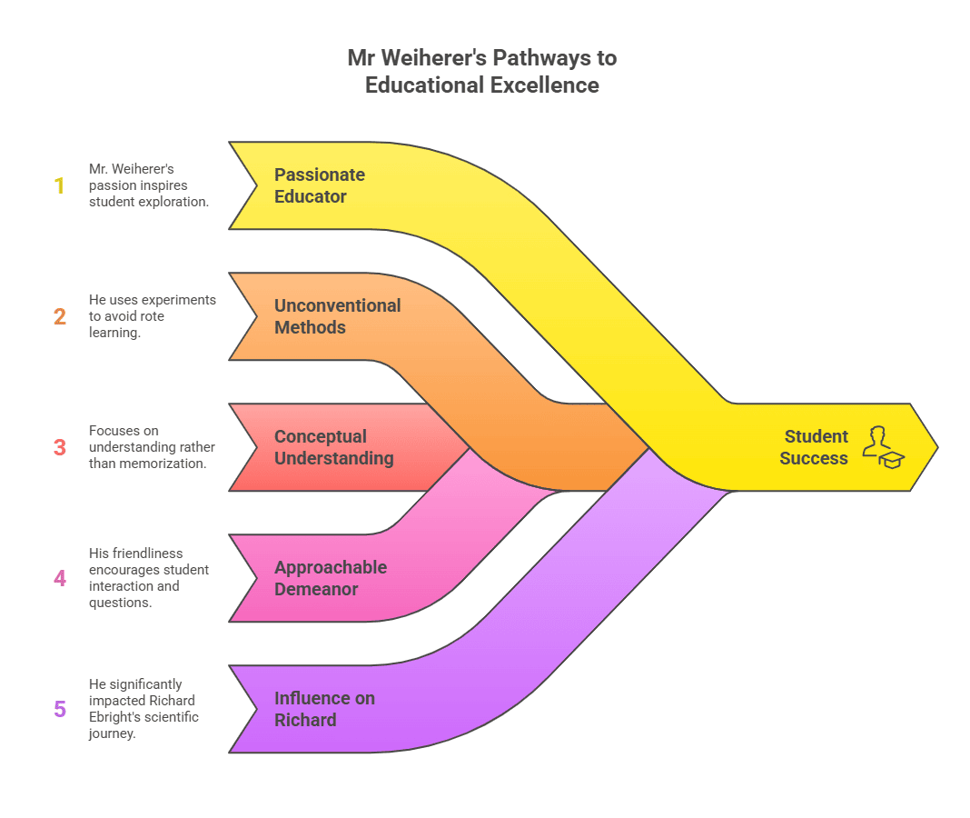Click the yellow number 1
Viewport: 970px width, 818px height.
coord(60,185)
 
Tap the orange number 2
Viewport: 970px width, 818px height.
coord(60,316)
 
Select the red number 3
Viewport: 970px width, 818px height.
coord(60,447)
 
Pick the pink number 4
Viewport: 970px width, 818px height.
coord(60,578)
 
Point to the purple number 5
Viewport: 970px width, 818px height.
coord(60,709)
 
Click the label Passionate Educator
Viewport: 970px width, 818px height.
coord(320,185)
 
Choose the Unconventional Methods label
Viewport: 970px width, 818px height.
coord(337,316)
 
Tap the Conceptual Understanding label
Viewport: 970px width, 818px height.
coord(333,447)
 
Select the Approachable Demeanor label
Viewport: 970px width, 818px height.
coord(331,578)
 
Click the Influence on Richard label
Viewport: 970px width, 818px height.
coord(324,709)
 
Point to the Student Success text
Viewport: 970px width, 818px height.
coord(814,447)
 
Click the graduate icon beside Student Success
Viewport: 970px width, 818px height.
coord(884,447)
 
